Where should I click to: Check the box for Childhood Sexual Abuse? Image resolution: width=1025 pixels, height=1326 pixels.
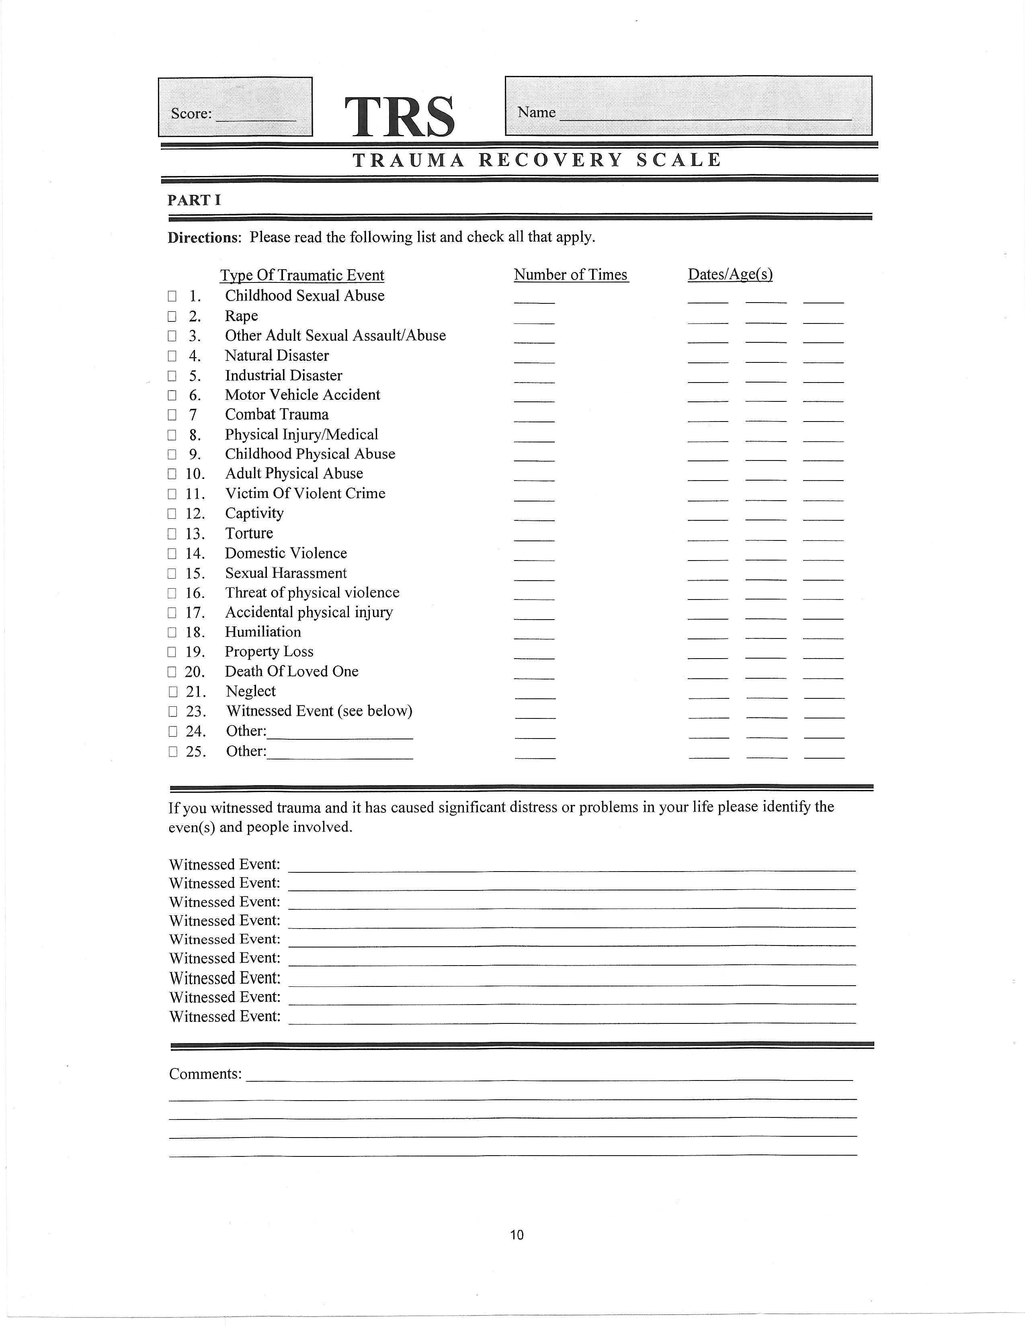click(x=172, y=296)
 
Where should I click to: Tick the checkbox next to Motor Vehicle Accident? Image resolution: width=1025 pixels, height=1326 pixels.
click(x=172, y=396)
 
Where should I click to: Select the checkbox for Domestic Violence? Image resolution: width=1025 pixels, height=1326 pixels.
click(x=172, y=554)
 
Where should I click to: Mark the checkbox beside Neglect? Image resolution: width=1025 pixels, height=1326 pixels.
click(x=172, y=692)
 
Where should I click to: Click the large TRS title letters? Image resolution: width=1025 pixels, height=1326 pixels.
click(x=399, y=116)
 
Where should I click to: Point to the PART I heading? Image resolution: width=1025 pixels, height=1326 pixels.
click(x=194, y=201)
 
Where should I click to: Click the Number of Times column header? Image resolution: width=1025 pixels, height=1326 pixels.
click(x=570, y=275)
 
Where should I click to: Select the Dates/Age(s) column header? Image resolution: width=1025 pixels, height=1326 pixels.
click(x=730, y=275)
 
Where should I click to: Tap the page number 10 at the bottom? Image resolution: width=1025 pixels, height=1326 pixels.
click(x=517, y=1234)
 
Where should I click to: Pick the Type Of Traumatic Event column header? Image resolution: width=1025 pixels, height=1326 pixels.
click(x=302, y=276)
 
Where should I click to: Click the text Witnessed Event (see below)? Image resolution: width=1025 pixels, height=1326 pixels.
click(x=319, y=711)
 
